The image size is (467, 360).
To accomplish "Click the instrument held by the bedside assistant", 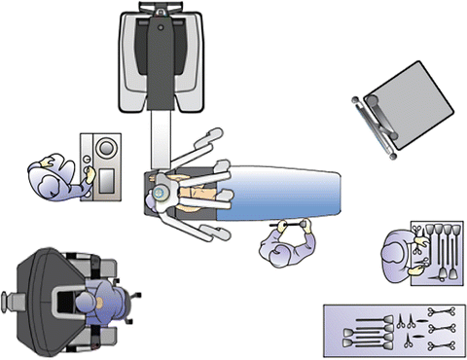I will click(x=291, y=226).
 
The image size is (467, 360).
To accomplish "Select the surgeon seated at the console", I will click(x=97, y=306).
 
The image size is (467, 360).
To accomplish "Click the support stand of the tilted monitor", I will click(x=375, y=126).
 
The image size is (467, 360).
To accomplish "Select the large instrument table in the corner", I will click(x=393, y=332).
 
